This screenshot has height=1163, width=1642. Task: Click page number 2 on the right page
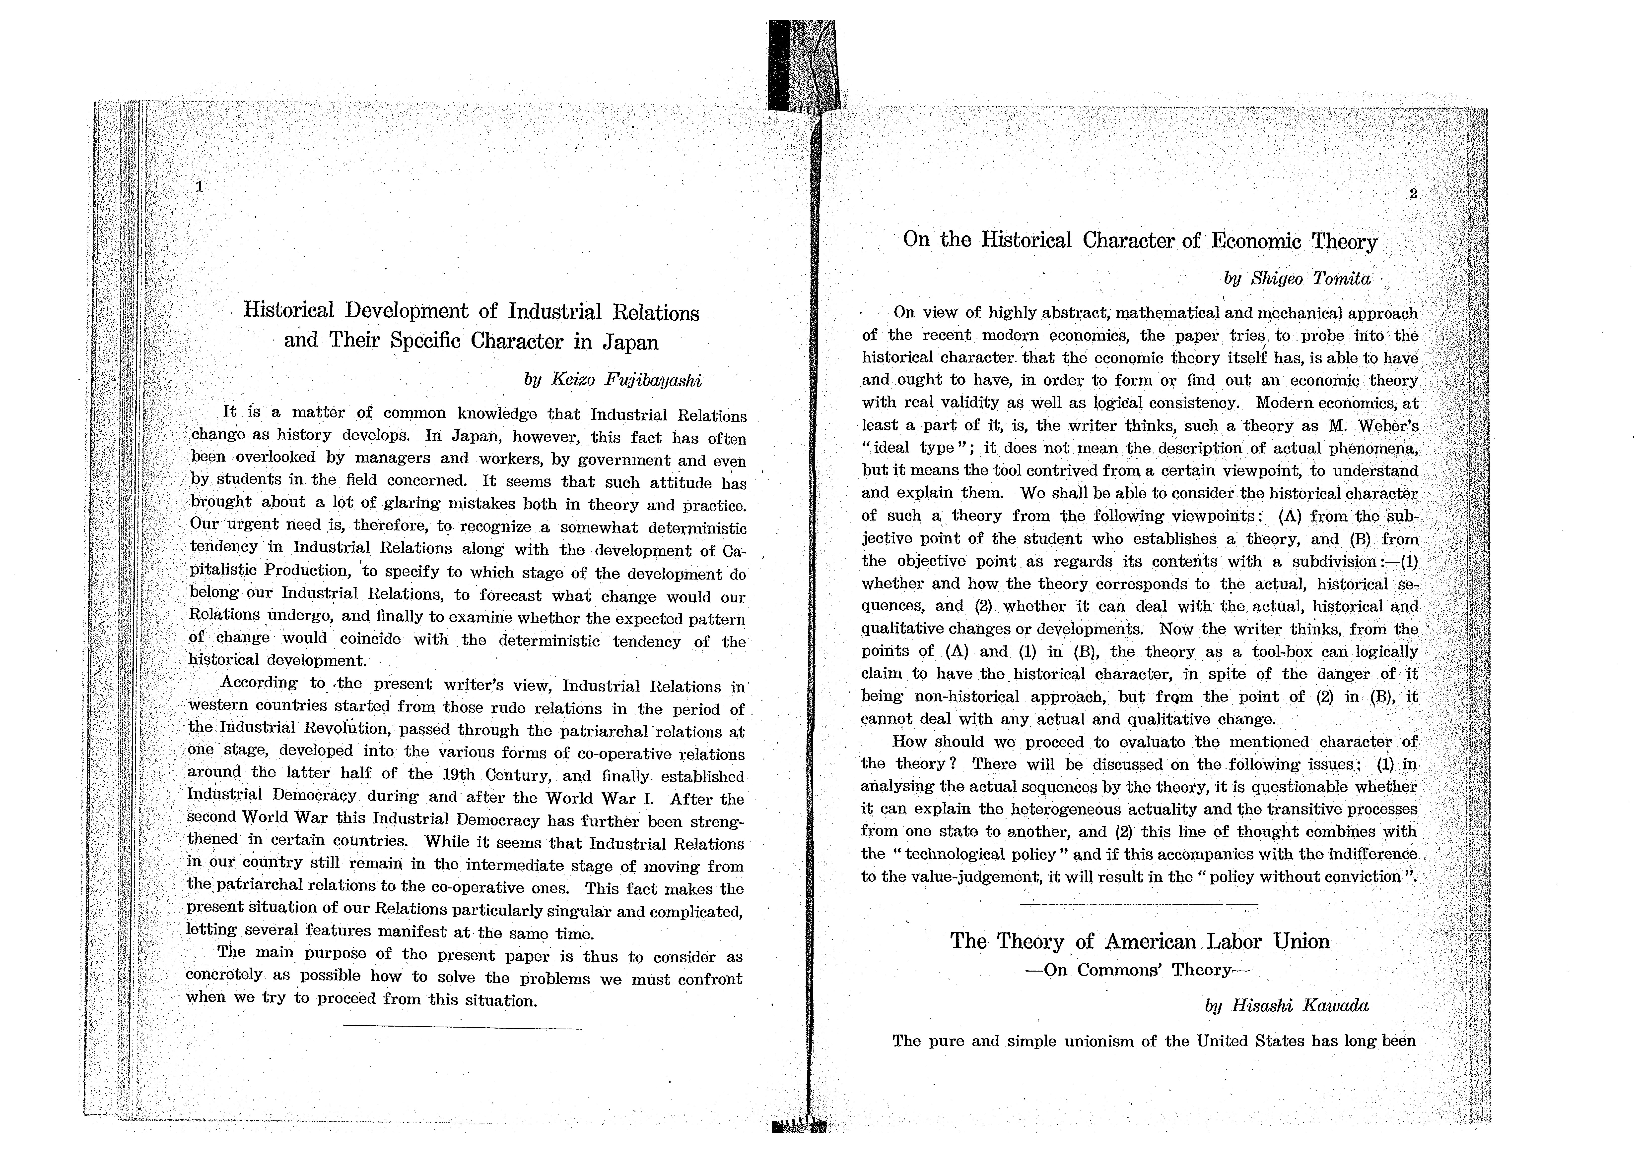pos(1413,193)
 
